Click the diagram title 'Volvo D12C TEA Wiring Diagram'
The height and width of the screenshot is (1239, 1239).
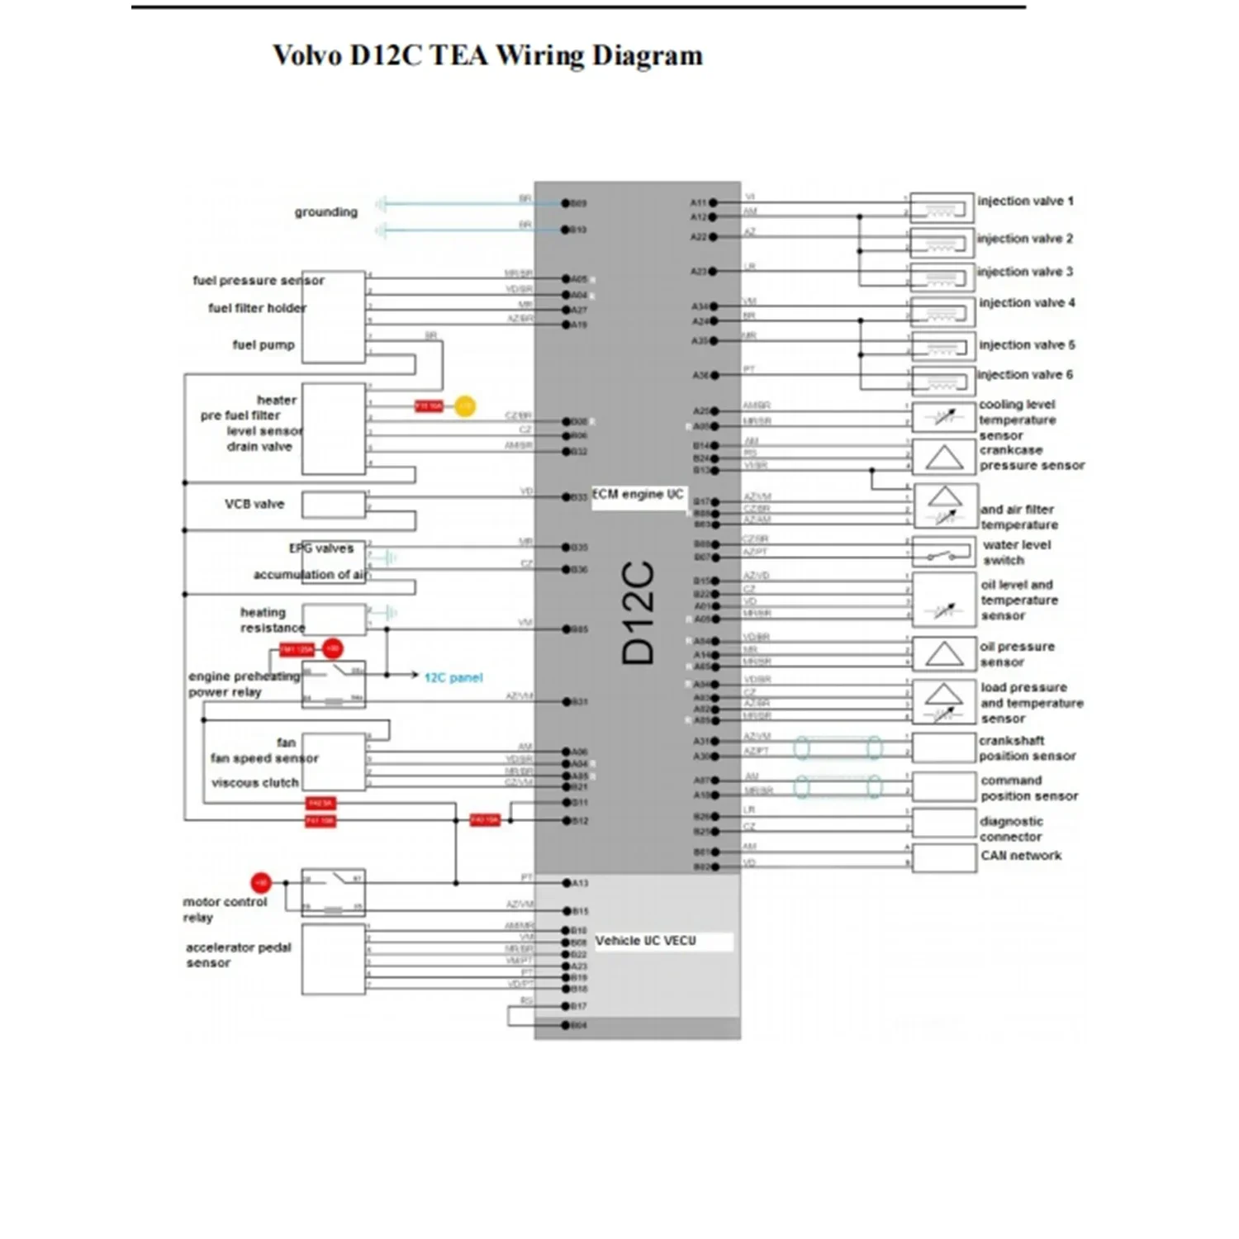(x=487, y=55)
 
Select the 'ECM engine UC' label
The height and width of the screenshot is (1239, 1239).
(x=638, y=494)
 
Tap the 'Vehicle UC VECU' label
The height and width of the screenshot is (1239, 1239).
(x=645, y=941)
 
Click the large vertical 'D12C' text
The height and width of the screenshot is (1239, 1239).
(x=638, y=613)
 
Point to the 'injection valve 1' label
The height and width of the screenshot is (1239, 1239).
(x=1025, y=201)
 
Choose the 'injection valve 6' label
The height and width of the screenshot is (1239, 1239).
(x=1025, y=374)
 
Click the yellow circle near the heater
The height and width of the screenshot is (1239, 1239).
(x=465, y=406)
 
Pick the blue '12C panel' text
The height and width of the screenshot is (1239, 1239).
(x=453, y=677)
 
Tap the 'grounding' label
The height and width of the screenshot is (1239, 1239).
(x=326, y=211)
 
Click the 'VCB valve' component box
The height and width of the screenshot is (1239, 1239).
(x=334, y=504)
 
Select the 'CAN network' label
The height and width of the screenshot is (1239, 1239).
(x=1021, y=856)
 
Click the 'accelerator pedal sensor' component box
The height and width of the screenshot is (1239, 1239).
(x=334, y=958)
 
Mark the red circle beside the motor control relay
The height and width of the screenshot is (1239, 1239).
(x=261, y=883)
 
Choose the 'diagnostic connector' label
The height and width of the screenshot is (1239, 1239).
(x=1011, y=828)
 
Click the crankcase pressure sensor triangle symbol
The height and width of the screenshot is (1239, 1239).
(x=944, y=457)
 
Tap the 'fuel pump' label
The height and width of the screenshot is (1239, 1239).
(x=263, y=344)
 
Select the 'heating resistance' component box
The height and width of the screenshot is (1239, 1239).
(x=334, y=619)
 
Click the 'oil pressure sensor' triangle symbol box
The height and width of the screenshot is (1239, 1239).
(x=944, y=654)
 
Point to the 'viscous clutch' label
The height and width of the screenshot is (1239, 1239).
(x=255, y=782)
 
